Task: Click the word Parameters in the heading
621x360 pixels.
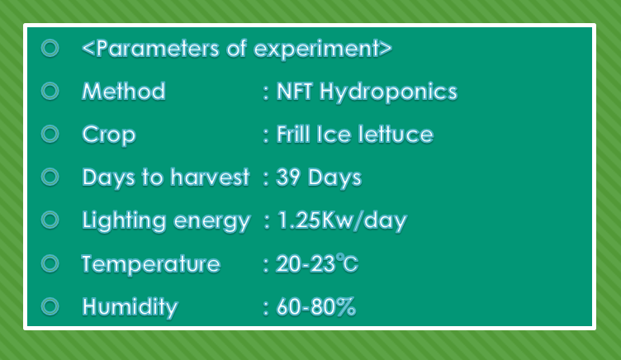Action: coord(158,49)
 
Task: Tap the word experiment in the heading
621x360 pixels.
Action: coord(316,50)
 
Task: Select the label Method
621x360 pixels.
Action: coord(124,91)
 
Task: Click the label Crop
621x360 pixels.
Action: coord(109,135)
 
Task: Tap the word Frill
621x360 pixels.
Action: coord(293,134)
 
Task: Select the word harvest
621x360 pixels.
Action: coord(210,177)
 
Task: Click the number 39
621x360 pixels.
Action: coord(288,177)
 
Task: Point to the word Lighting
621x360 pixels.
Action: coord(124,221)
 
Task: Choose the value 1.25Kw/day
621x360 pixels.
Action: coord(342,220)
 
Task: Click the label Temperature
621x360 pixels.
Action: coord(151,264)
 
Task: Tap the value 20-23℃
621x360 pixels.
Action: coord(317,263)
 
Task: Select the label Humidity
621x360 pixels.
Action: coord(130,307)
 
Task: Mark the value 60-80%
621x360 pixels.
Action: coord(315,307)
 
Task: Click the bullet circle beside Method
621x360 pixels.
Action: coord(50,91)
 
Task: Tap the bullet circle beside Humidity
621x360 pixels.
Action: coord(50,306)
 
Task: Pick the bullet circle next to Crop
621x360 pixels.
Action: coord(50,134)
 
